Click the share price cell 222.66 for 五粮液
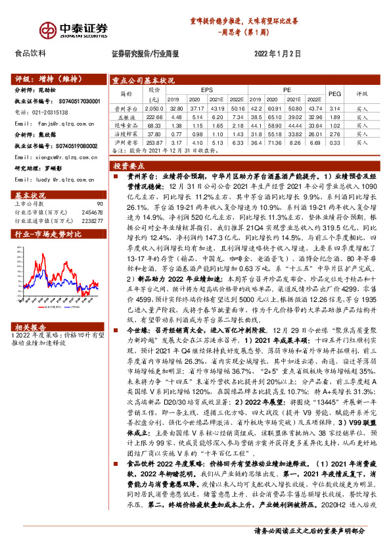(x=155, y=116)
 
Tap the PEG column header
(x=334, y=93)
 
